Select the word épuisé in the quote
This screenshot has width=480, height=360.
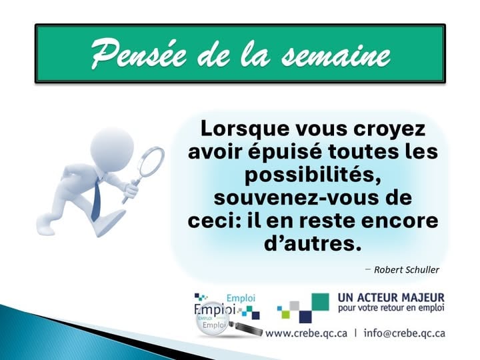coord(278,151)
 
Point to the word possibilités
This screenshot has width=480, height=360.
coord(312,174)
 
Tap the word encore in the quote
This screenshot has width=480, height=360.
coord(399,220)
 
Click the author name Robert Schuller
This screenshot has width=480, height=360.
coord(406,269)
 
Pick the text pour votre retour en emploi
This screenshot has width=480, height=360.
coord(391,309)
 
